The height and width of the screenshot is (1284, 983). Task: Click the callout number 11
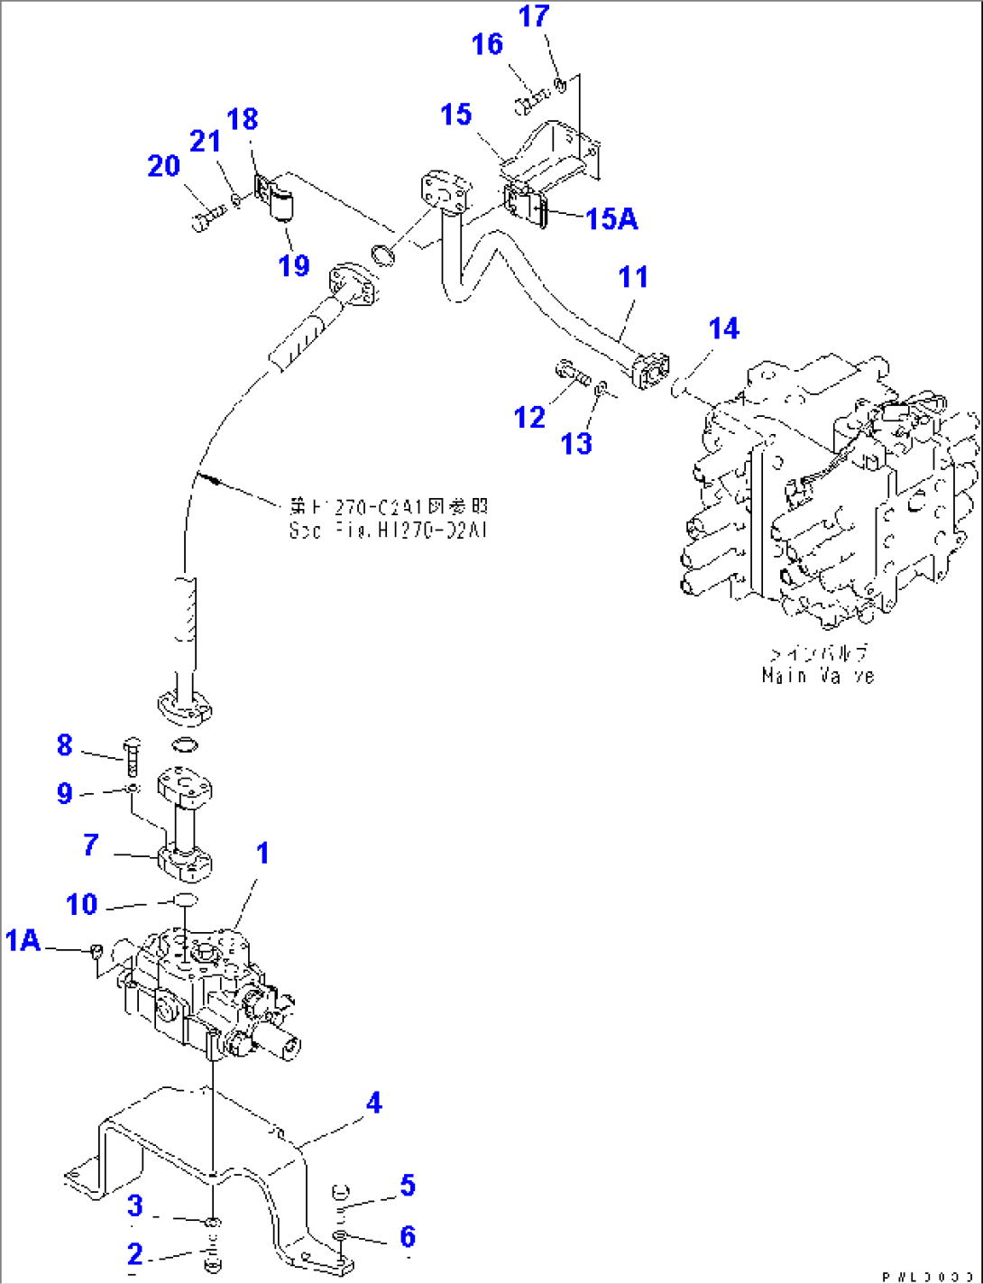pyautogui.click(x=633, y=277)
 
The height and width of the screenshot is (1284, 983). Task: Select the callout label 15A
pyautogui.click(x=611, y=218)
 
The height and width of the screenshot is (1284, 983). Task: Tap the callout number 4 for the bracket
pyautogui.click(x=373, y=1103)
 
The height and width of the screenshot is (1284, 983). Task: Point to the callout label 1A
pyautogui.click(x=23, y=940)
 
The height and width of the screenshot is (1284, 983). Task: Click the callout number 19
pyautogui.click(x=294, y=265)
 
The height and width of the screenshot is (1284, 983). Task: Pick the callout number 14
pyautogui.click(x=723, y=329)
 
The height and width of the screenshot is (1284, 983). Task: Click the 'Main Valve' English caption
pyautogui.click(x=817, y=676)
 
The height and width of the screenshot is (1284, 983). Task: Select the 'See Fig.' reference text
pyautogui.click(x=388, y=531)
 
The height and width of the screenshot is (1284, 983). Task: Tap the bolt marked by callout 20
pyautogui.click(x=207, y=218)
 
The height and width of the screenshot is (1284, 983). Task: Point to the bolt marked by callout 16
pyautogui.click(x=531, y=101)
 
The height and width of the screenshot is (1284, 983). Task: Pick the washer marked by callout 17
pyautogui.click(x=560, y=86)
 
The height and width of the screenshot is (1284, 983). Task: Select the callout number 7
pyautogui.click(x=90, y=845)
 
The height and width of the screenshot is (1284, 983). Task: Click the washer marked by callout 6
pyautogui.click(x=340, y=1235)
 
